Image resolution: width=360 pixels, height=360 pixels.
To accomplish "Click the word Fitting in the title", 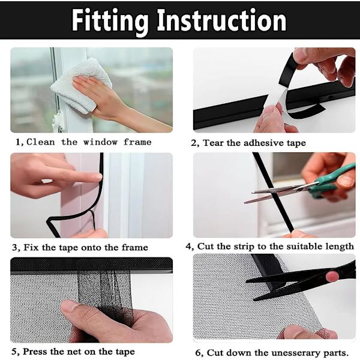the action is coord(110,21).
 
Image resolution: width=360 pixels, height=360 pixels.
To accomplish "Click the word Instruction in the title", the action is coord(222,20).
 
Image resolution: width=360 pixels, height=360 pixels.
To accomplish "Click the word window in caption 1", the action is coord(100,142).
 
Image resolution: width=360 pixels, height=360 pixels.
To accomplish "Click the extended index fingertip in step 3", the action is coord(98,177).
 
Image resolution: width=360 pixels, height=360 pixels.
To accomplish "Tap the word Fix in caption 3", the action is coord(31,247).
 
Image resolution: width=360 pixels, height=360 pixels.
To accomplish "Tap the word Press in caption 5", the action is coord(35,351).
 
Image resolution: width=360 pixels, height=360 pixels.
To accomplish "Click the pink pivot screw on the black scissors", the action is coord(332,275).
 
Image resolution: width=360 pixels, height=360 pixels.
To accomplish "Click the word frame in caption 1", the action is coord(137,142).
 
